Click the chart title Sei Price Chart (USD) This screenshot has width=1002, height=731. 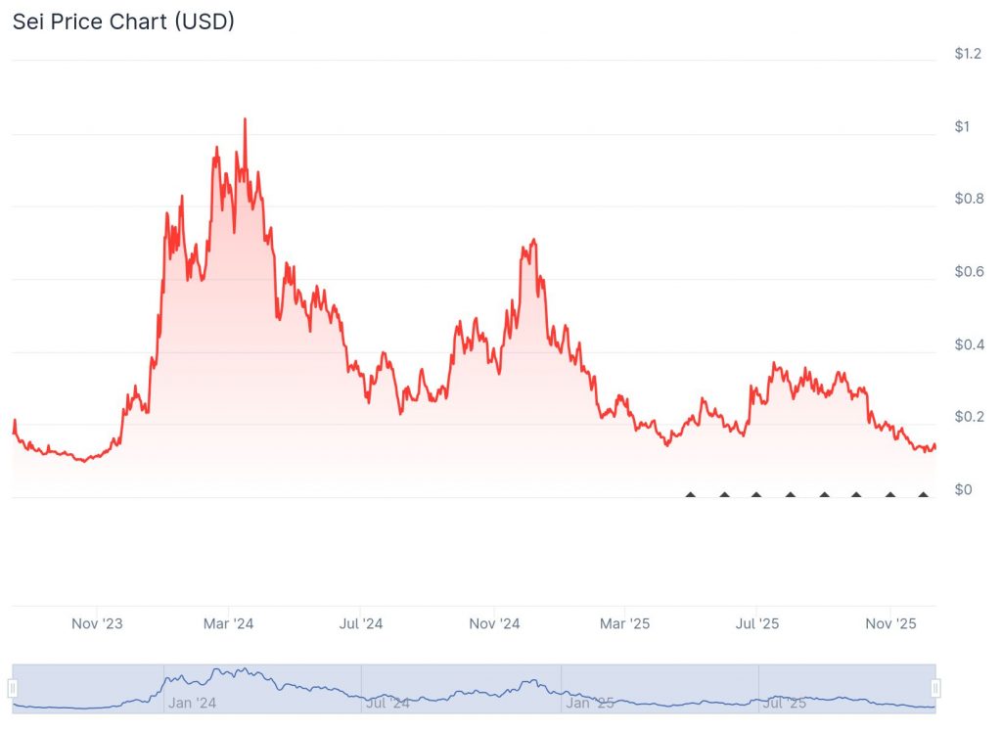click(123, 21)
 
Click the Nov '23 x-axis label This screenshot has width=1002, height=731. click(98, 623)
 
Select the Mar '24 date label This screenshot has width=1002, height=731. click(229, 623)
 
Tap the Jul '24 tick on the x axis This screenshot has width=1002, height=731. click(361, 623)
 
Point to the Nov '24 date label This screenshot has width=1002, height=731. click(494, 623)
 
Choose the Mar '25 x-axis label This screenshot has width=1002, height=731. click(625, 623)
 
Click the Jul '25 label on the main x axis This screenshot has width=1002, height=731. click(757, 623)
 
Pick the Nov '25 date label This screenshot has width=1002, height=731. click(891, 623)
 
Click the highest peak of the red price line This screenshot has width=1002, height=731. click(245, 119)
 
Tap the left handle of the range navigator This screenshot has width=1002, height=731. click(14, 687)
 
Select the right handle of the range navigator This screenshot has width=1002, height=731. click(935, 687)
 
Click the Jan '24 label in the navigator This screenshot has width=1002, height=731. click(192, 703)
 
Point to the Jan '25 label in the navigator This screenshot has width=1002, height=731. click(590, 703)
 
